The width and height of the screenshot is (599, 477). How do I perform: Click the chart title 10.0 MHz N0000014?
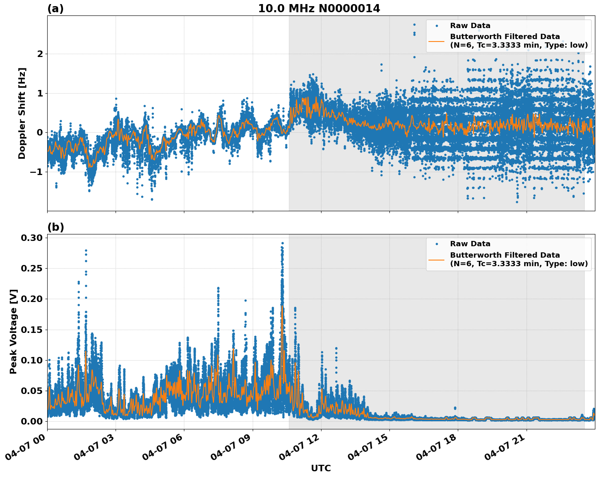click(319, 9)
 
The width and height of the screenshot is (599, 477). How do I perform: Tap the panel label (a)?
click(55, 9)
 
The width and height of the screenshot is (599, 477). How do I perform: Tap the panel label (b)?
click(55, 227)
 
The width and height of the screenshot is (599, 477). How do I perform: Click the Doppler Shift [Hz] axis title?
click(22, 113)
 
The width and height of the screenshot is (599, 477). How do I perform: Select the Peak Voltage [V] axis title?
click(13, 331)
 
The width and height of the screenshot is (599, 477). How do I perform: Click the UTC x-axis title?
click(321, 468)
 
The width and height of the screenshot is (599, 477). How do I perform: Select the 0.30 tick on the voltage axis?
click(31, 238)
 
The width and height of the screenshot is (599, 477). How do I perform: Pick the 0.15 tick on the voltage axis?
click(31, 330)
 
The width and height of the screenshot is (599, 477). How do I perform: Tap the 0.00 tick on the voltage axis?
click(31, 421)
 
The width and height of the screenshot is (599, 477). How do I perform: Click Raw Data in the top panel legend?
click(470, 26)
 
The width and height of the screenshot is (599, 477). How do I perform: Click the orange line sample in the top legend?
click(437, 41)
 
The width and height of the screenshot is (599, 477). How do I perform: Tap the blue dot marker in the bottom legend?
click(437, 244)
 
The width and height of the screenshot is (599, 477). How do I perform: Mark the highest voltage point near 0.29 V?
click(282, 243)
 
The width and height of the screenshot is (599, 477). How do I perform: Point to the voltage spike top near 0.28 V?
click(86, 250)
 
